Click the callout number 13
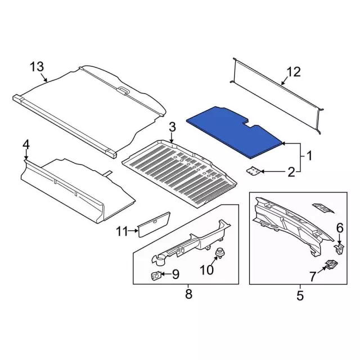pyautogui.click(x=37, y=68)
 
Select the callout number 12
pyautogui.click(x=294, y=72)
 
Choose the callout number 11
pyautogui.click(x=123, y=230)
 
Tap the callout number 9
pyautogui.click(x=175, y=274)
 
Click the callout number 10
pyautogui.click(x=208, y=269)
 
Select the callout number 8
pyautogui.click(x=188, y=294)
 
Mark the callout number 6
pyautogui.click(x=339, y=227)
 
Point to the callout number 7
pyautogui.click(x=313, y=276)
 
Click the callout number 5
pyautogui.click(x=299, y=294)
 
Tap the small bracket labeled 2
pyautogui.click(x=255, y=170)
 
